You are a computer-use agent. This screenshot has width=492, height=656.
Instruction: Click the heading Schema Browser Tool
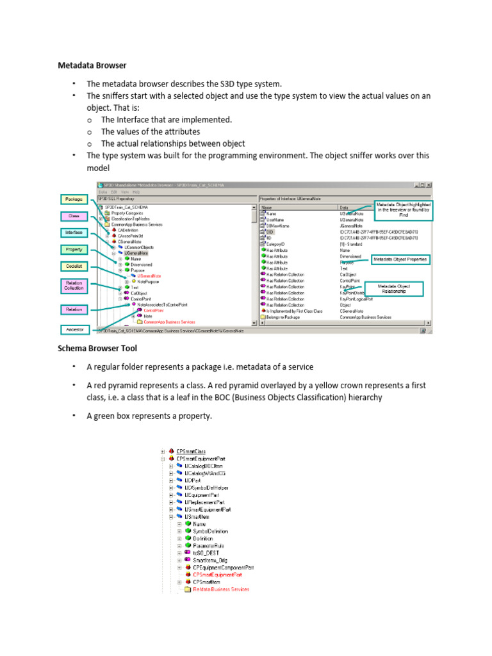(x=97, y=348)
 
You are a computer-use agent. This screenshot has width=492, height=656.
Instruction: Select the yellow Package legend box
(x=75, y=199)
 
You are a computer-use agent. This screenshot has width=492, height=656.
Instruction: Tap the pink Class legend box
(x=74, y=216)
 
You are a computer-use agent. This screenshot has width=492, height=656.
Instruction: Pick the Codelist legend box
(x=74, y=265)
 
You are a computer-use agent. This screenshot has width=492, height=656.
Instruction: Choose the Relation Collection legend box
(x=74, y=285)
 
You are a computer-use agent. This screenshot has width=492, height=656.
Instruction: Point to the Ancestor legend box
(x=75, y=329)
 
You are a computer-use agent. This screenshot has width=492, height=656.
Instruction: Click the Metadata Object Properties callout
(x=400, y=259)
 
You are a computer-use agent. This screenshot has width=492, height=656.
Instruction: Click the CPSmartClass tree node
(x=201, y=452)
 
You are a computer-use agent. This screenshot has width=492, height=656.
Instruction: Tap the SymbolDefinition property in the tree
(x=209, y=531)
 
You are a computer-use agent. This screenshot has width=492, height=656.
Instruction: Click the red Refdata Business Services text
(x=221, y=589)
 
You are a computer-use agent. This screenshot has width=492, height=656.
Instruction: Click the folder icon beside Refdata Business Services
(x=188, y=589)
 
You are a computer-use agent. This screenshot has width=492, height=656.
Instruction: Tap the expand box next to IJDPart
(x=171, y=480)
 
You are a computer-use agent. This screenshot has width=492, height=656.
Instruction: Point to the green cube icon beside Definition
(x=188, y=539)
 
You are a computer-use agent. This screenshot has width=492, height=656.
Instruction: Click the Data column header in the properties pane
(x=344, y=208)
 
